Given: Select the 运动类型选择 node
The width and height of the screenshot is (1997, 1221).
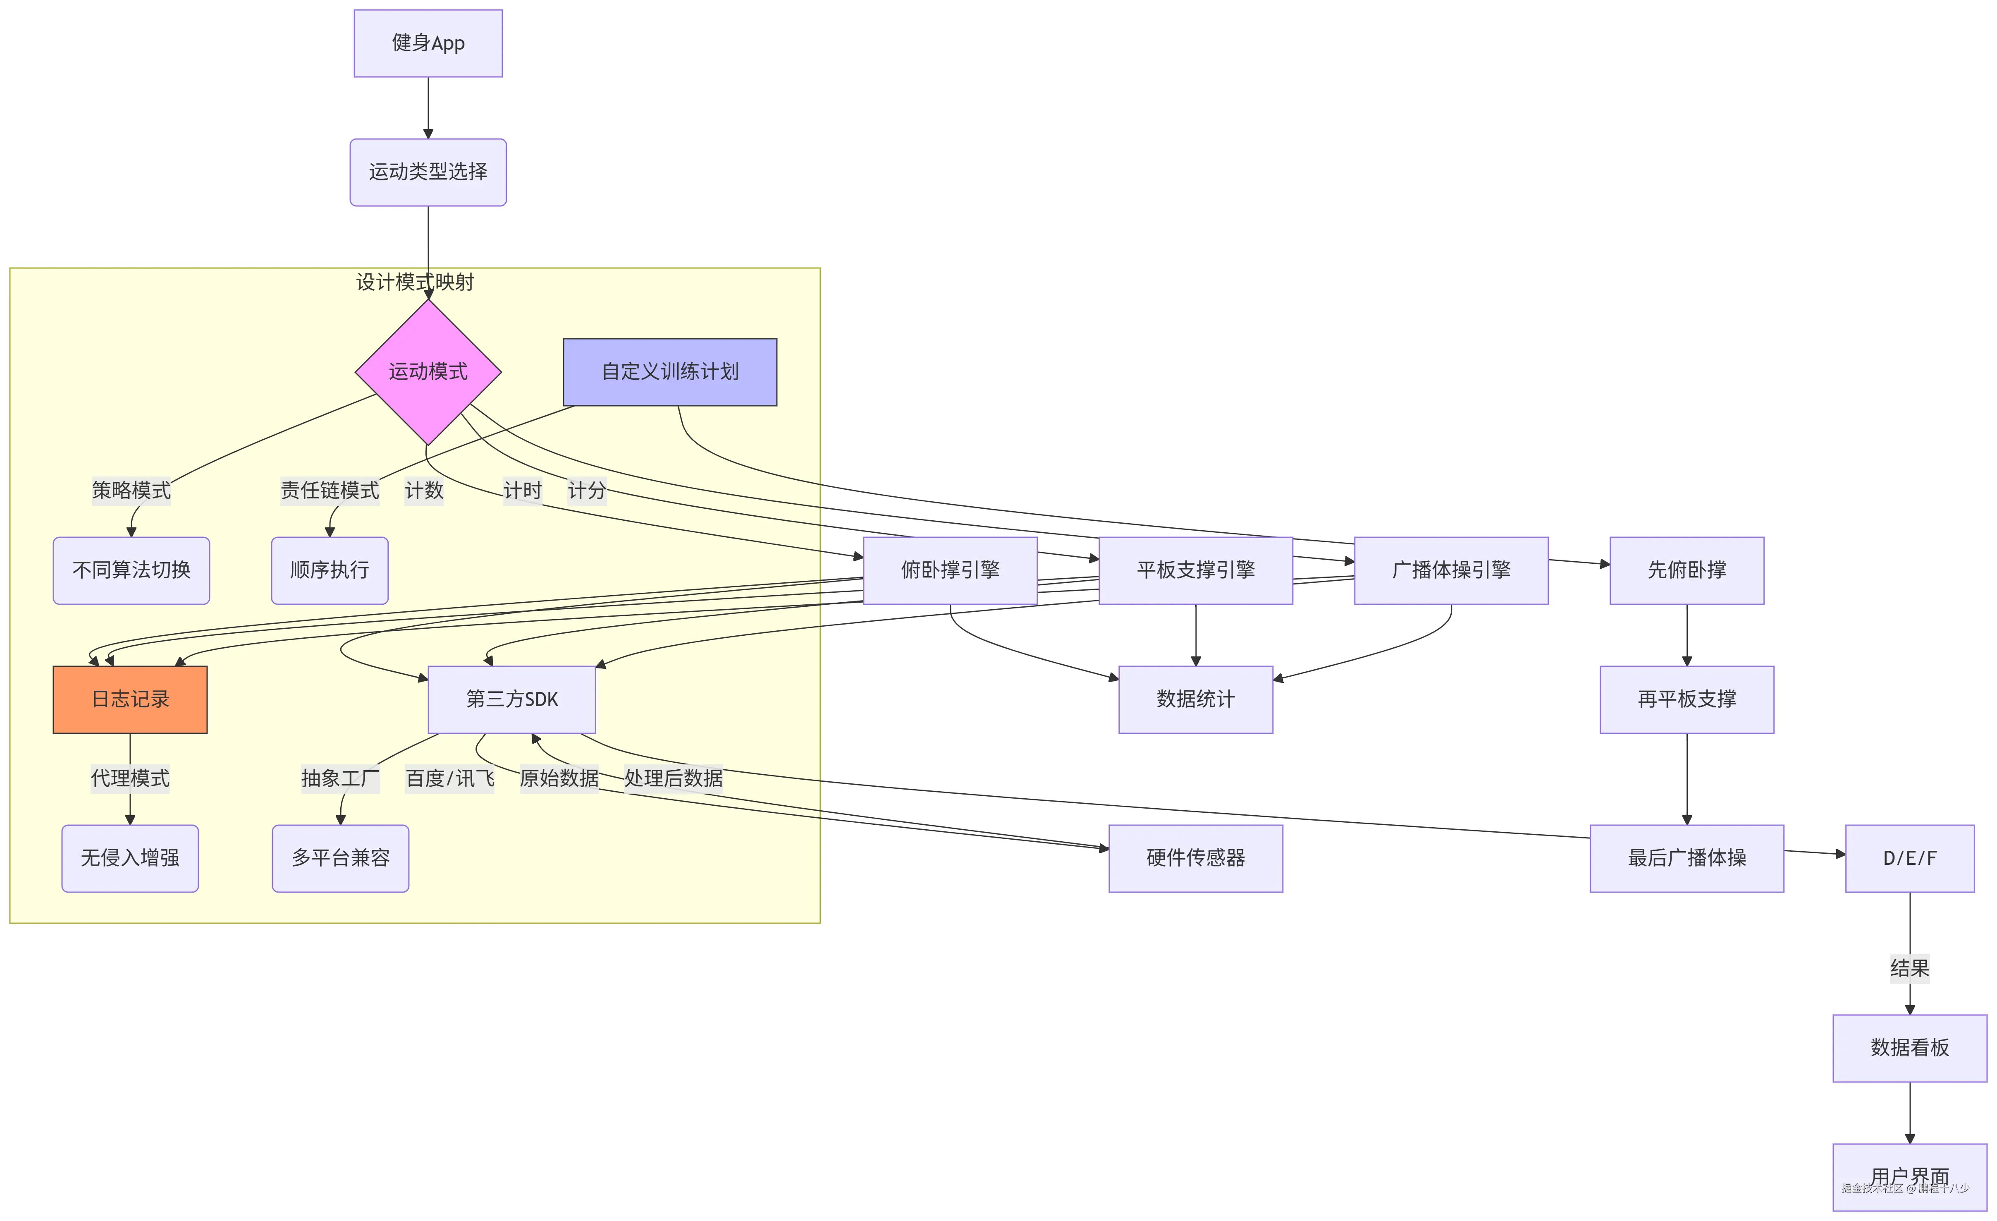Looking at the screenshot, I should coord(428,172).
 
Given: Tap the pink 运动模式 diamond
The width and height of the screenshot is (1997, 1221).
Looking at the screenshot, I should coord(428,372).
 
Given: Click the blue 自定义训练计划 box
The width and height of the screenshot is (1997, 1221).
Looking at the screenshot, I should coord(669,372).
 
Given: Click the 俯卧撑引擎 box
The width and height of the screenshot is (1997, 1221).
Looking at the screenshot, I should coord(950,570).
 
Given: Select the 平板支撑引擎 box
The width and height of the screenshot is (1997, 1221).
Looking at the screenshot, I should coord(1195,570).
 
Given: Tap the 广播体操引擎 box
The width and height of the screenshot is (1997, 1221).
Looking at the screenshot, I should coord(1451,570).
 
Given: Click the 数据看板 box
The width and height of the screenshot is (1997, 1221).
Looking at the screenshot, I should coord(1909,1048).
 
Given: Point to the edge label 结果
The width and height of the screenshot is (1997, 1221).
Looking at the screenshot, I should coord(1909,968).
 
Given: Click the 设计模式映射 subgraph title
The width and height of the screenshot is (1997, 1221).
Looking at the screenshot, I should coord(415,282).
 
